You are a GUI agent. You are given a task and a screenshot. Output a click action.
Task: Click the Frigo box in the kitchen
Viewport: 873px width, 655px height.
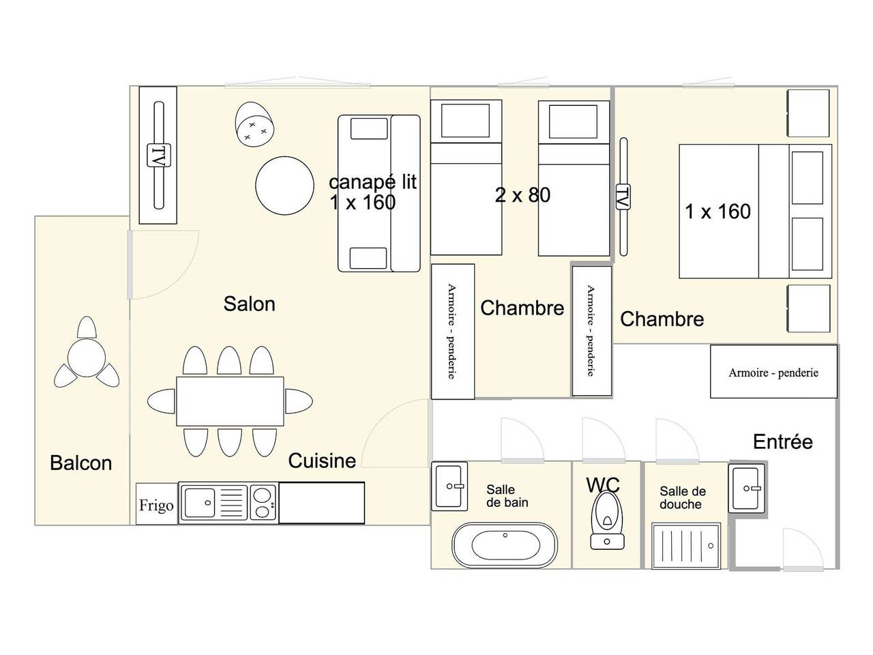[x=156, y=504]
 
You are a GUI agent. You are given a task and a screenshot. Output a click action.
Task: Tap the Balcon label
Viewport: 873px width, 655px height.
[x=80, y=463]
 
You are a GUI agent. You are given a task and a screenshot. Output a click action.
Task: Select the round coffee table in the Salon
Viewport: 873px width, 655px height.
[x=284, y=186]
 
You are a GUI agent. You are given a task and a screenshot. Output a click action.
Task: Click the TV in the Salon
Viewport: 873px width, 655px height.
[x=158, y=156]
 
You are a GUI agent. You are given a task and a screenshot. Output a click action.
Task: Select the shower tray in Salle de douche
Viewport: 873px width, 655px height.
[x=685, y=546]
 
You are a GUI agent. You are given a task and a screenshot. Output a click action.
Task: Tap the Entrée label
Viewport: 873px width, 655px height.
[x=782, y=442]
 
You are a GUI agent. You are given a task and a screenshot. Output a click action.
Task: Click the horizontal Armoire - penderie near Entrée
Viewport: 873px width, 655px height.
[x=773, y=372]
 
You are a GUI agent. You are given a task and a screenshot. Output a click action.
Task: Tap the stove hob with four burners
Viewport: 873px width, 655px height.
[x=263, y=504]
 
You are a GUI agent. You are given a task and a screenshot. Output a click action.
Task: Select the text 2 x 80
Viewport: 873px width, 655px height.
[x=522, y=196]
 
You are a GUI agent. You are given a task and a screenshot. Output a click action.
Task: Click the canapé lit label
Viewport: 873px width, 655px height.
[x=372, y=182]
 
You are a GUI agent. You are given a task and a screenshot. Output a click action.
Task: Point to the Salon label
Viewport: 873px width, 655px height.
[x=249, y=304]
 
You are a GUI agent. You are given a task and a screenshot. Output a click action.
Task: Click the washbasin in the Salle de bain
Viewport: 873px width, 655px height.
[x=449, y=486]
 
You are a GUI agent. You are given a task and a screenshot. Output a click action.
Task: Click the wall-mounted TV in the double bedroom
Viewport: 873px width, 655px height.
[x=622, y=197]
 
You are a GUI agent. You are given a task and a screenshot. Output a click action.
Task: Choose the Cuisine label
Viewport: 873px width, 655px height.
[x=322, y=461]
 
